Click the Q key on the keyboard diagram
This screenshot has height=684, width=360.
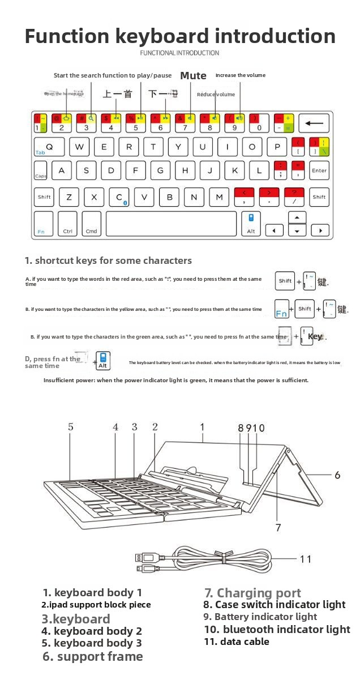49,147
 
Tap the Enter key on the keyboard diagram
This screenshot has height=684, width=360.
319,170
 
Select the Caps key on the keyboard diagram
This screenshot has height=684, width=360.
41,171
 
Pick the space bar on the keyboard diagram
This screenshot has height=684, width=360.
171,224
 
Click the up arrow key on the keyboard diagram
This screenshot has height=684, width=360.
297,217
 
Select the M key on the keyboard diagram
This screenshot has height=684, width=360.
219,197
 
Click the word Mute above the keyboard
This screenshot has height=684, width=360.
193,75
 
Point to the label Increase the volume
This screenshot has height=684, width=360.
240,75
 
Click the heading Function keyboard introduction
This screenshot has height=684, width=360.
180,36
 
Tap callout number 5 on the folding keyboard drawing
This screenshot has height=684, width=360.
71,427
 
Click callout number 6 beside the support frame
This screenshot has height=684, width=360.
337,474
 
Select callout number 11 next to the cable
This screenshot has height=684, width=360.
305,559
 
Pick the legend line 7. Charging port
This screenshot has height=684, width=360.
252,593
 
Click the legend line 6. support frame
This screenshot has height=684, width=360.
93,656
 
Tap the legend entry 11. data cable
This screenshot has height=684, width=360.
237,642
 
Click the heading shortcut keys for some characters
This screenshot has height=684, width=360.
108,260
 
